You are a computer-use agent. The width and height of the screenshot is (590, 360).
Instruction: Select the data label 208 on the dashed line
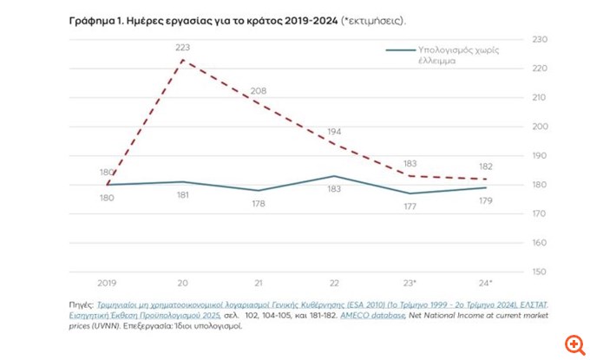[x=259, y=90]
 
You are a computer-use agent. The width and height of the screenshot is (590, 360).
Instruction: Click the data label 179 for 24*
[x=485, y=201]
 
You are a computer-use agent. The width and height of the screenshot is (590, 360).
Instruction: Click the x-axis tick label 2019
[x=107, y=284]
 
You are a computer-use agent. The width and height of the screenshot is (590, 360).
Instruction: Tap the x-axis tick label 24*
[x=486, y=284]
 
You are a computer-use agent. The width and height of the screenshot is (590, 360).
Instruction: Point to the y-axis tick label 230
[x=540, y=40]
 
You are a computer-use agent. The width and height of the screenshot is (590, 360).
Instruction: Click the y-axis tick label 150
[x=540, y=272]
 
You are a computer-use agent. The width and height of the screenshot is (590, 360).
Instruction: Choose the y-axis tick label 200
[x=540, y=127]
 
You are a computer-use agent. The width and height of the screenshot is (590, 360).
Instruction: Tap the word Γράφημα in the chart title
[x=89, y=19]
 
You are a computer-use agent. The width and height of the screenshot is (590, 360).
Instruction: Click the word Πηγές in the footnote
[x=82, y=305]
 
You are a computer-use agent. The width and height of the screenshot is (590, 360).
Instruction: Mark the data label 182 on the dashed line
[x=485, y=166]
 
